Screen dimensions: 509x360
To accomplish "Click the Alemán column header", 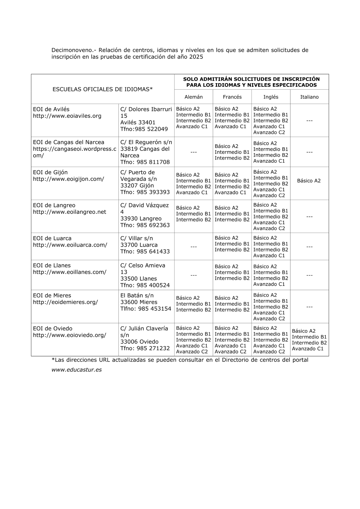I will click(x=194, y=97).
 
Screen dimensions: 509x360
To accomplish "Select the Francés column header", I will click(x=232, y=97).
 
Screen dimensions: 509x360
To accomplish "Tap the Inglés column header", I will click(x=271, y=97).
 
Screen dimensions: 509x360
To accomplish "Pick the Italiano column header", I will click(x=309, y=97).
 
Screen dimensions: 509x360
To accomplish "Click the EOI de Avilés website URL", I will click(x=67, y=116).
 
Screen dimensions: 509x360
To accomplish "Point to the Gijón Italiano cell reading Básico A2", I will click(x=309, y=181).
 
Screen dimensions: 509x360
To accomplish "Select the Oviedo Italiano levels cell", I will click(x=309, y=340).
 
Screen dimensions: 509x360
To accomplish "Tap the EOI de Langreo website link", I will click(x=69, y=212).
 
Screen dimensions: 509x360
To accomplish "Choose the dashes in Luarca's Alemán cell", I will click(x=194, y=247).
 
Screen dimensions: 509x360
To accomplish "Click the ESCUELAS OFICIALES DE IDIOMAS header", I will click(x=103, y=89).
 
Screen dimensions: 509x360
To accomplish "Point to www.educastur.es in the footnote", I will click(x=76, y=370).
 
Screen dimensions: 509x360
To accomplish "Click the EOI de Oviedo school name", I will click(x=53, y=328).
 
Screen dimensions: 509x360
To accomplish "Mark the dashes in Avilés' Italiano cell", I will click(x=309, y=121).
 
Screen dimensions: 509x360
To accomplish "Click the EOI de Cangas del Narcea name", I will click(x=68, y=142).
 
